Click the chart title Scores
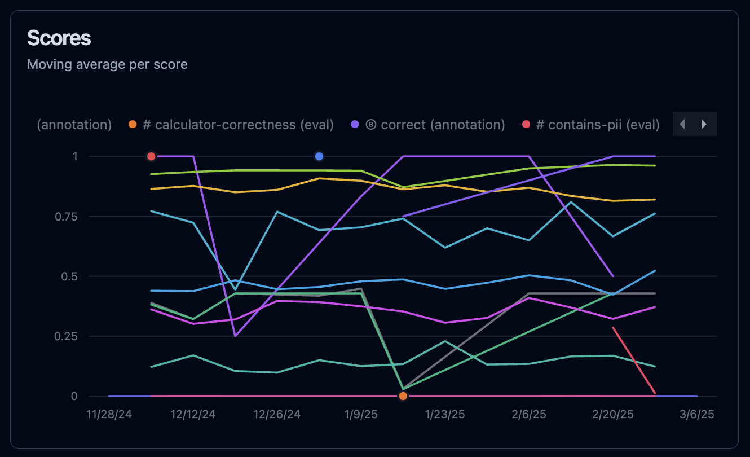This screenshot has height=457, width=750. click(59, 38)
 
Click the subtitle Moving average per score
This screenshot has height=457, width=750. click(107, 64)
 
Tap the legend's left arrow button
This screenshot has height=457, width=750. click(682, 124)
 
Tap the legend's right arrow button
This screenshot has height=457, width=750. click(704, 124)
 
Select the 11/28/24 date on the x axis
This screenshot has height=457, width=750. click(109, 414)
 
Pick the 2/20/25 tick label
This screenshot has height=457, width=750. click(612, 414)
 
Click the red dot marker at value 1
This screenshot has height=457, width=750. click(151, 156)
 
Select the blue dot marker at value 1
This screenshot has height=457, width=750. click(319, 156)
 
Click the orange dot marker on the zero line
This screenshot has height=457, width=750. click(403, 396)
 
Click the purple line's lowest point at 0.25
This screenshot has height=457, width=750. click(235, 336)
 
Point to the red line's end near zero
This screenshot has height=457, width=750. click(655, 393)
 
